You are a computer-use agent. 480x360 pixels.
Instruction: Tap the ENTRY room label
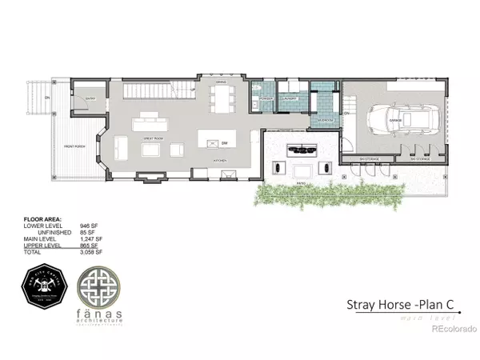90,99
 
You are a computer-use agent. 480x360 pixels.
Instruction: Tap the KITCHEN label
220,161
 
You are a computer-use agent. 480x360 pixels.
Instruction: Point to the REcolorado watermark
452,326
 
